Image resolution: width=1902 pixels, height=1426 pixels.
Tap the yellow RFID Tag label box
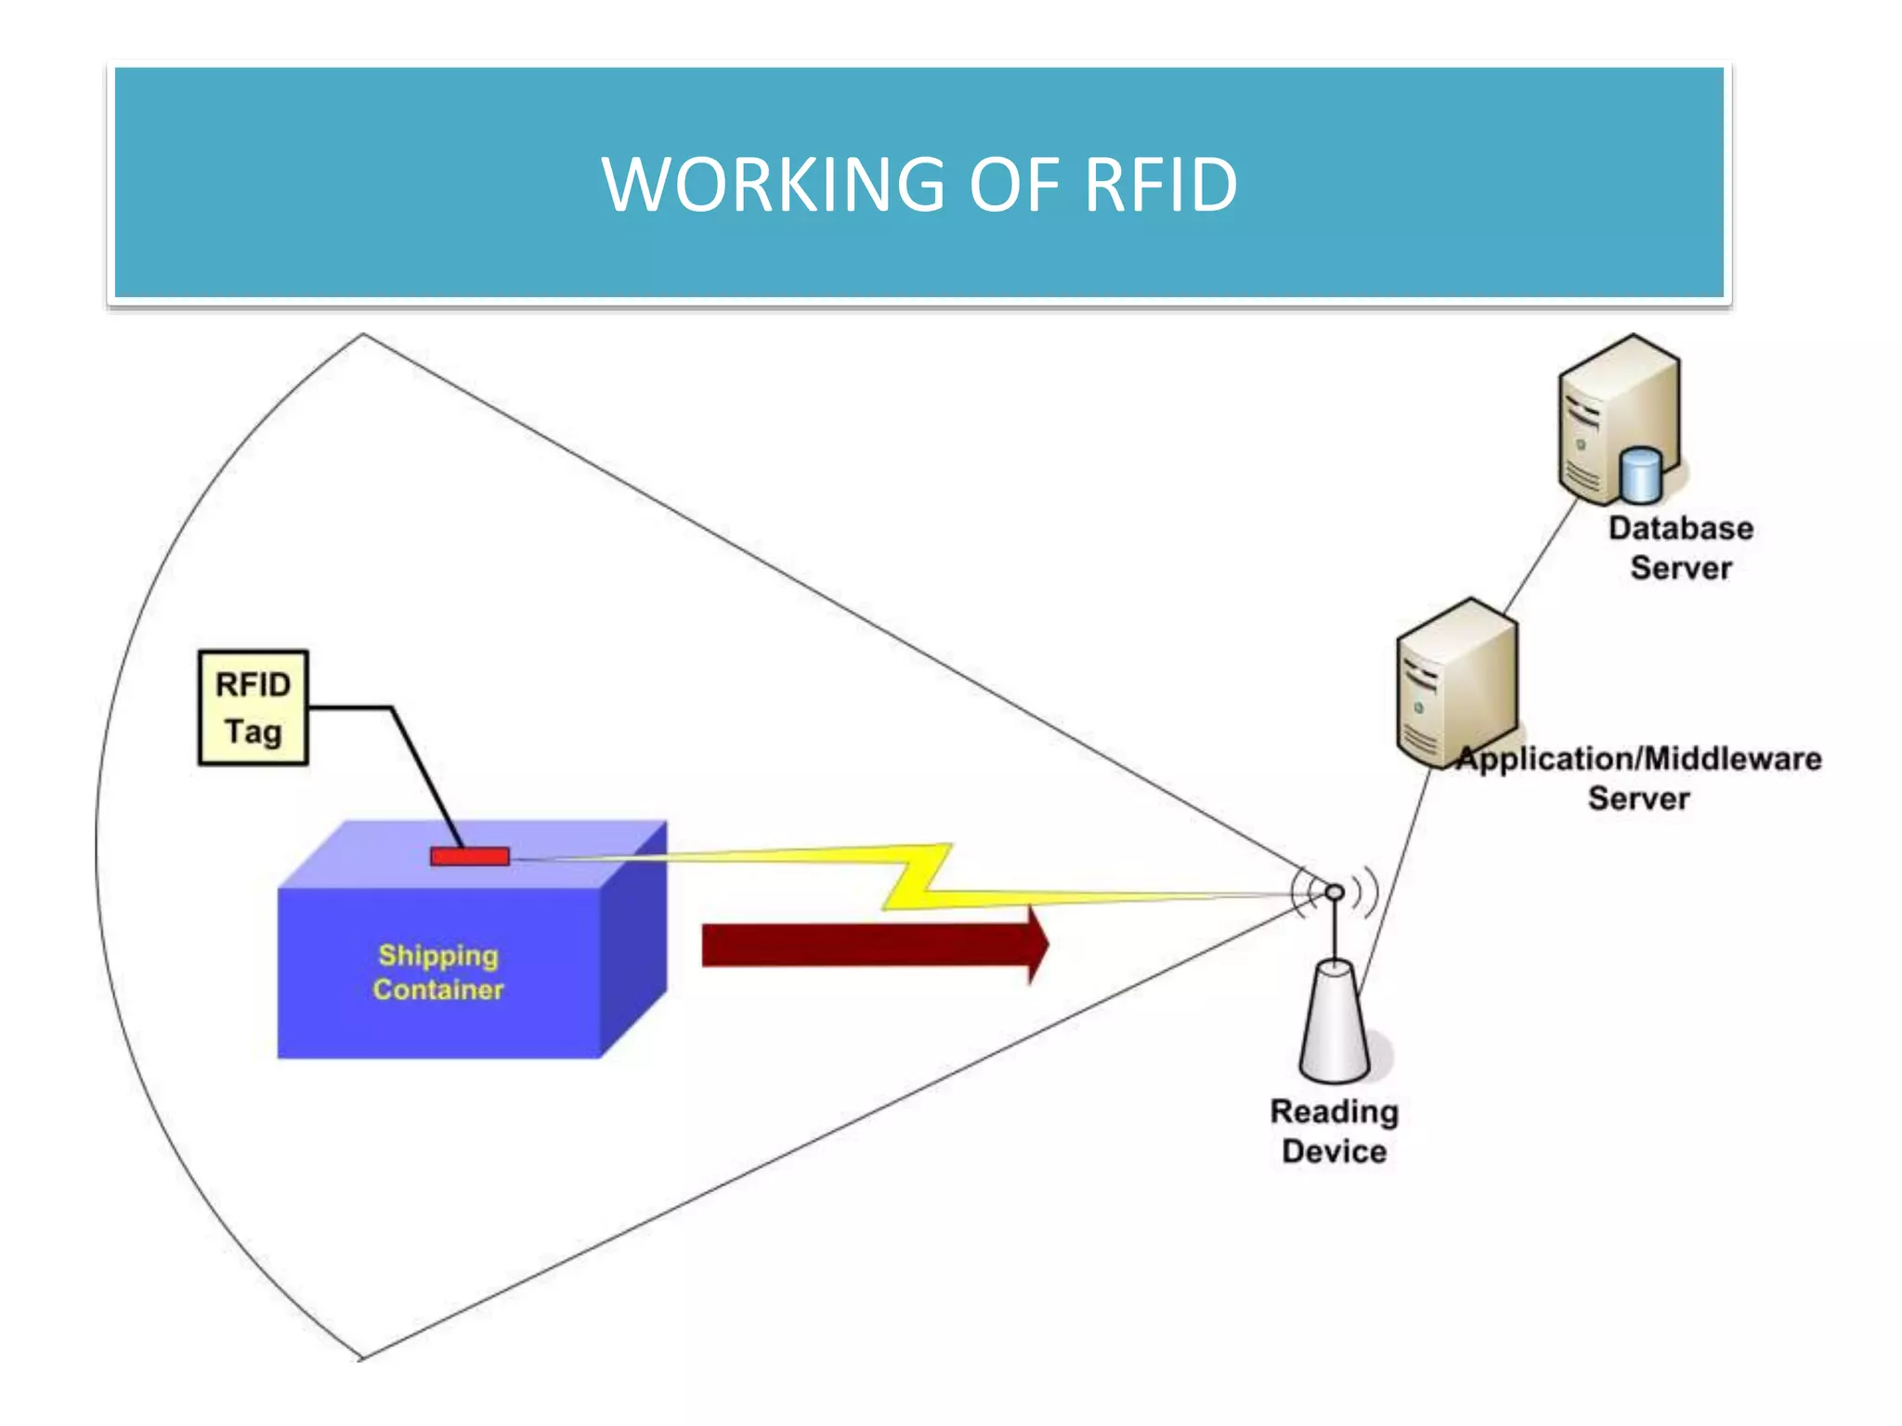[253, 707]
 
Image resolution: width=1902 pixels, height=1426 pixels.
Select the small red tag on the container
[470, 856]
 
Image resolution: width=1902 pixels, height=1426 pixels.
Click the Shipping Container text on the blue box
[438, 972]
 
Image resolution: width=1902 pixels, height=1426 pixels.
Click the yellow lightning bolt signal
[915, 877]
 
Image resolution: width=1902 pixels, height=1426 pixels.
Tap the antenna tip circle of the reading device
[1335, 892]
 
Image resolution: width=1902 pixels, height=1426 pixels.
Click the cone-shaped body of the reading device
[1335, 1026]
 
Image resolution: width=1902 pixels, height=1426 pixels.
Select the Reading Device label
[1335, 1131]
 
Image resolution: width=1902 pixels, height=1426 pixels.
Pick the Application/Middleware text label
[1639, 759]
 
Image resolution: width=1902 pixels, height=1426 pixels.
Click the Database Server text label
[1681, 548]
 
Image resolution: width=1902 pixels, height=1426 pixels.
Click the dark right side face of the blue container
[633, 938]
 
